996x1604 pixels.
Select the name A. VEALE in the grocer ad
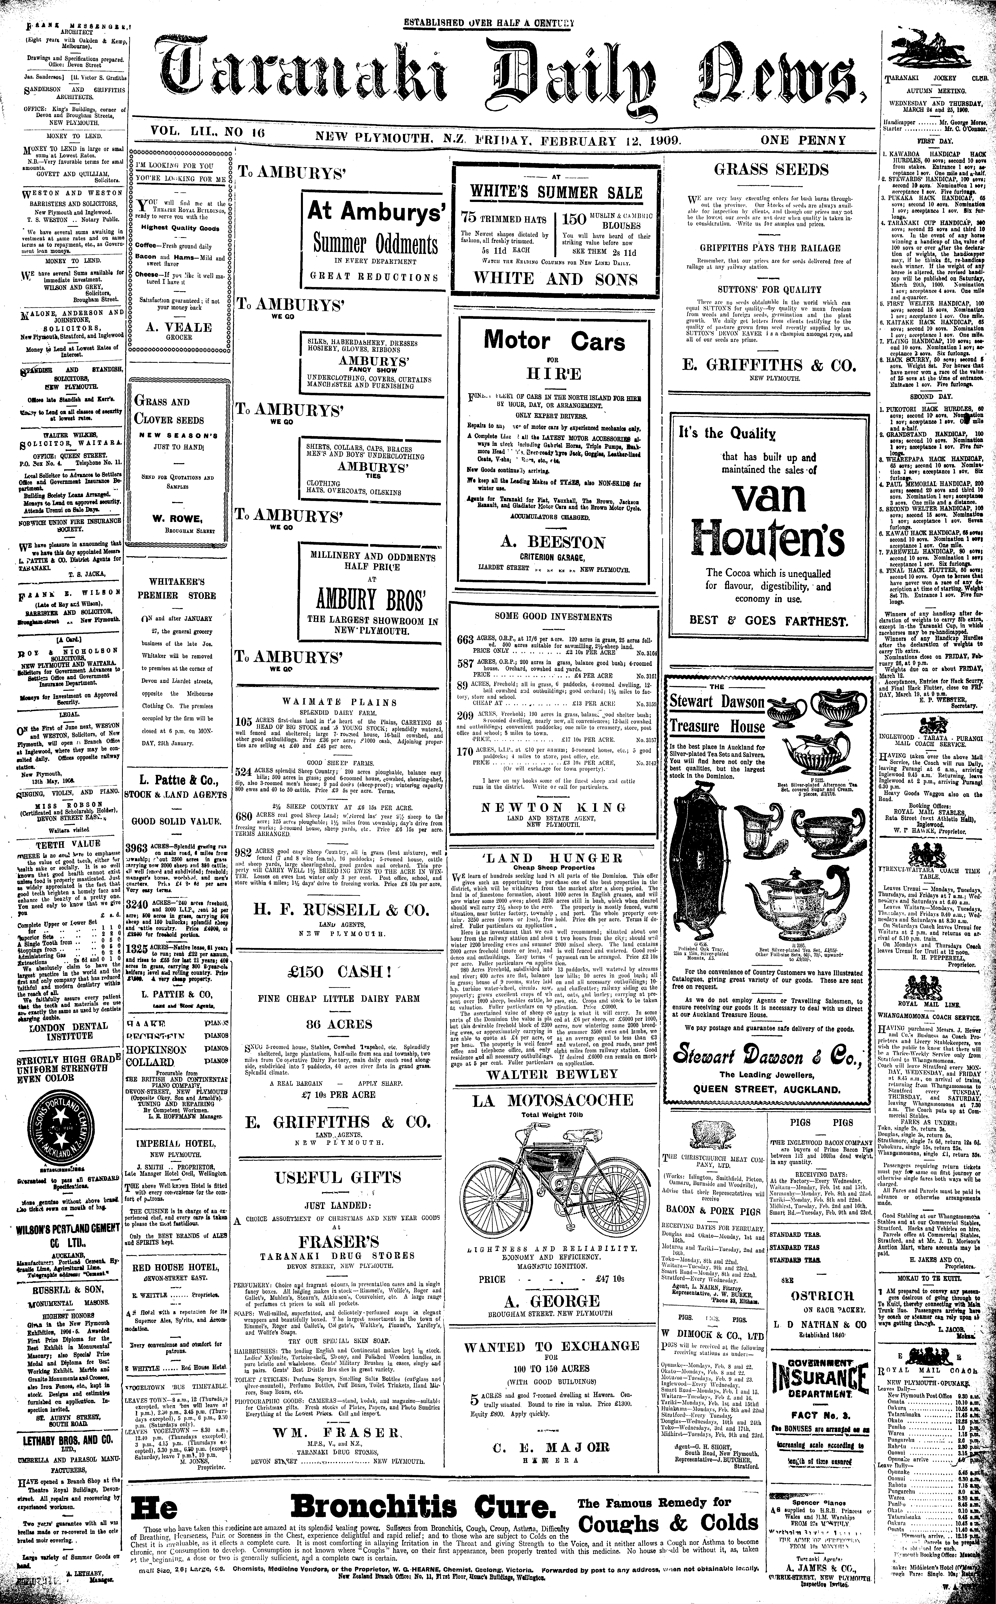pos(179,327)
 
